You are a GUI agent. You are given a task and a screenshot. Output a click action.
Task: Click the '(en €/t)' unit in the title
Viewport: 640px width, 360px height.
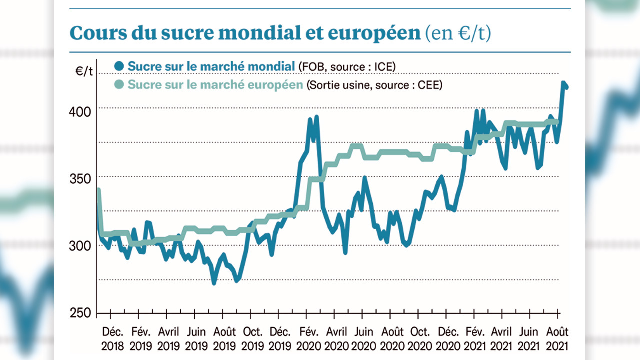coord(457,33)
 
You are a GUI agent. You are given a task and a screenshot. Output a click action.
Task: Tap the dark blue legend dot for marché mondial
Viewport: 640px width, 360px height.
coord(119,66)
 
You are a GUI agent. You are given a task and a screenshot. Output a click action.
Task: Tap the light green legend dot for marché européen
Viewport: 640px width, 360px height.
coord(119,85)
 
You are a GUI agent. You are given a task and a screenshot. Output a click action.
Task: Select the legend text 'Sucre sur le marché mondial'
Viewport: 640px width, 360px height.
coord(211,66)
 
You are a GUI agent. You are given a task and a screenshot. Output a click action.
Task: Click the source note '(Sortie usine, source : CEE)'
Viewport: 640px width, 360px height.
coord(374,85)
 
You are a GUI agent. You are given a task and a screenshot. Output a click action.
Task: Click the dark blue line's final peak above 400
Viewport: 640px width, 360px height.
coord(563,83)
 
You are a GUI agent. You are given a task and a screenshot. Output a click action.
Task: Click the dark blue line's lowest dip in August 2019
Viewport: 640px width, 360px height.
coord(214,283)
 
